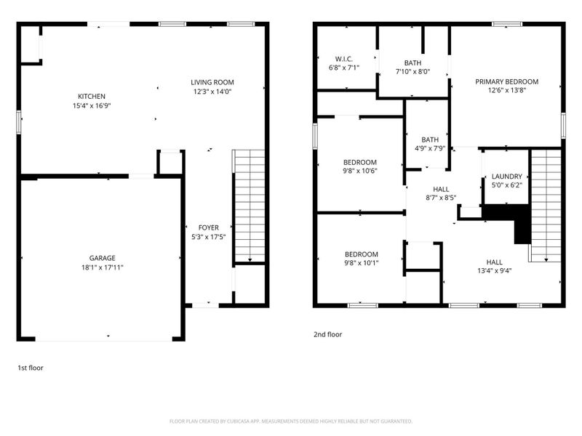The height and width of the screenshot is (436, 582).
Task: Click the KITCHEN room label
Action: tap(92, 97)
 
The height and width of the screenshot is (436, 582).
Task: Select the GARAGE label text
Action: tap(103, 258)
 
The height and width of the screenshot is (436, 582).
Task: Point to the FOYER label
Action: tap(209, 227)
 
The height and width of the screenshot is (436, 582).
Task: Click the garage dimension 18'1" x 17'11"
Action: tap(103, 267)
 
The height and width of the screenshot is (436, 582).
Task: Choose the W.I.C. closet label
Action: tap(344, 58)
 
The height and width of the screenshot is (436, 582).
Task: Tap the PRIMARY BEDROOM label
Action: tap(507, 81)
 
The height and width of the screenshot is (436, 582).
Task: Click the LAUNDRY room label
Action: tap(506, 176)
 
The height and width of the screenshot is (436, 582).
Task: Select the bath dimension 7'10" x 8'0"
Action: tap(413, 71)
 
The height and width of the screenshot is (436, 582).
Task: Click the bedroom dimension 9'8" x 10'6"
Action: tap(360, 171)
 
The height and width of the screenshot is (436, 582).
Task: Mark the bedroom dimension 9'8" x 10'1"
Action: tap(361, 263)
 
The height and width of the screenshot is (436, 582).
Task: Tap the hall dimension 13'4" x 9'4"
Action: tap(494, 272)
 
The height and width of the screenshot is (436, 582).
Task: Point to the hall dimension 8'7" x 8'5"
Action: tap(441, 198)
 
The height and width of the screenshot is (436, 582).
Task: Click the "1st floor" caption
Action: tap(31, 368)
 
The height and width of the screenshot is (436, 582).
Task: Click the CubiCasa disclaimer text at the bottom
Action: tap(291, 421)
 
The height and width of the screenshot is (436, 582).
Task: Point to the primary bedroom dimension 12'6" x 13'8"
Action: tap(507, 91)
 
